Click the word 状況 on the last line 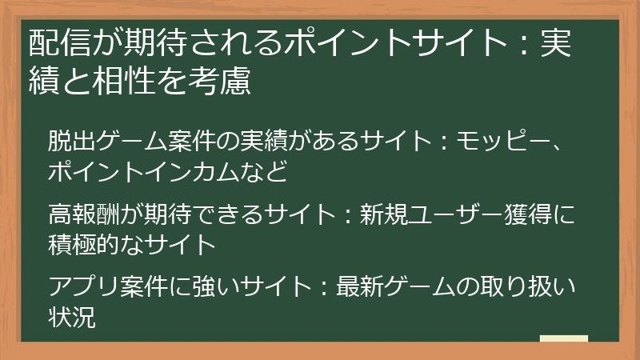tap(72, 317)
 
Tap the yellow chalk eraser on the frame tap(564, 338)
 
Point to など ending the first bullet tap(267, 170)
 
